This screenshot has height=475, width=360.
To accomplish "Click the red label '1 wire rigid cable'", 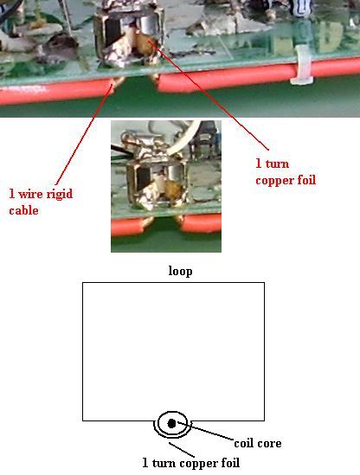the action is (41, 202).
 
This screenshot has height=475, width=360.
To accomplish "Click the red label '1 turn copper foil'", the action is (286, 172).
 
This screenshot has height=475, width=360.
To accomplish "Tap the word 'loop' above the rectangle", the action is (180, 271).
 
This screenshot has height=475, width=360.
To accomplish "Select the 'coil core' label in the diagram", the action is (258, 444).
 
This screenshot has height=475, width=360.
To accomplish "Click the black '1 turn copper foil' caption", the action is (191, 463).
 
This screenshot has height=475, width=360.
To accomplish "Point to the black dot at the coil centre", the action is (171, 423).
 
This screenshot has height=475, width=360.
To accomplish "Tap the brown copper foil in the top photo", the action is (145, 43).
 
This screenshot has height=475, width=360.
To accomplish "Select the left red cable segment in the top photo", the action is (58, 91).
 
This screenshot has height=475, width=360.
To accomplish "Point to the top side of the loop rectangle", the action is (173, 283).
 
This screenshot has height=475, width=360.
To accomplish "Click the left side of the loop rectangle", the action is (83, 351).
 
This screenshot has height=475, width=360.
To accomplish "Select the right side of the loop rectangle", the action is (264, 351).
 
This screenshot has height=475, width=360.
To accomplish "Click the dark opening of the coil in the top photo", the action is (112, 31).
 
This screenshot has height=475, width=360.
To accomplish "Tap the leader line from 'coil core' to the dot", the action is (205, 431).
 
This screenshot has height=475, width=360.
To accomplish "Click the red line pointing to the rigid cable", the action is (84, 134).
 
